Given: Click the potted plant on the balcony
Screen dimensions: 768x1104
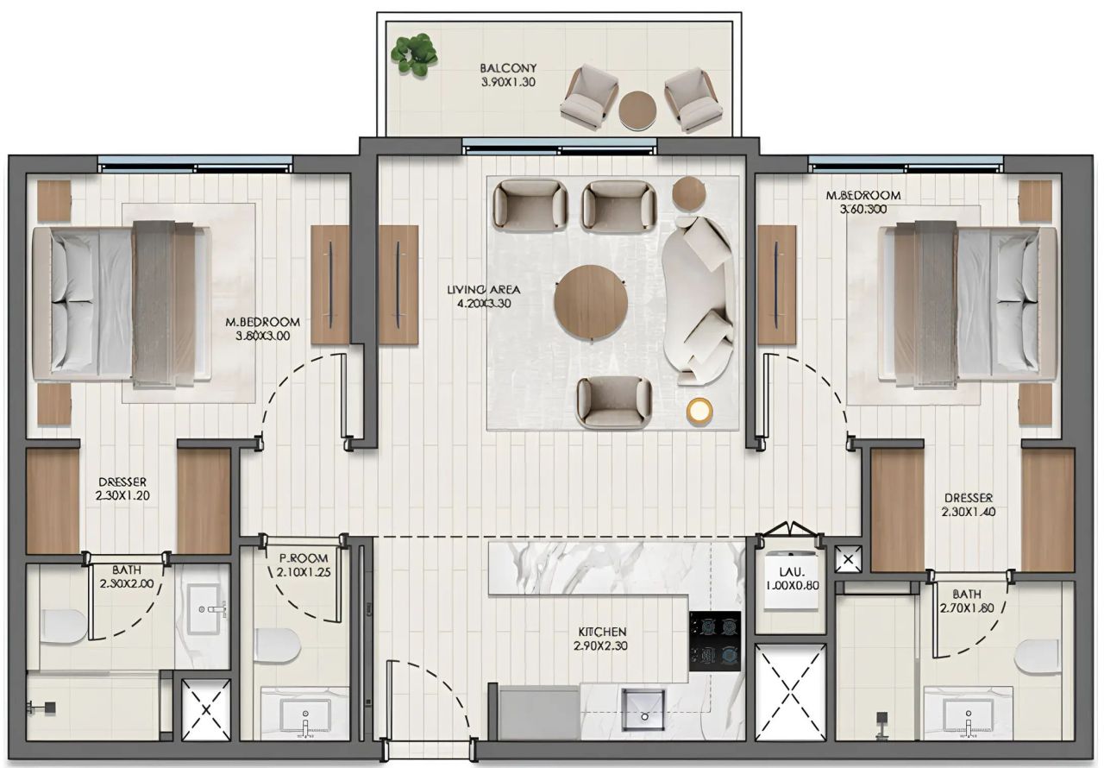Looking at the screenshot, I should point(414,54).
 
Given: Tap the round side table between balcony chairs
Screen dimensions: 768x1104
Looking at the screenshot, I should point(639,110).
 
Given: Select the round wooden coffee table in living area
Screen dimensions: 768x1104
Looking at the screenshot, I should point(591,302).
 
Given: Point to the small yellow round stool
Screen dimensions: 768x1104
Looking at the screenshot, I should point(700,411).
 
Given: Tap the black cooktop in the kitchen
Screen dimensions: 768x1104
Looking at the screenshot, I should point(714,639).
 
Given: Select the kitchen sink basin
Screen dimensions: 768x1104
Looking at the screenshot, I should point(643,708).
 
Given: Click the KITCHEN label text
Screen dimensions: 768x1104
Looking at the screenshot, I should point(599,639).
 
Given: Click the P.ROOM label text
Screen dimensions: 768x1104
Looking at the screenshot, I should point(298,565).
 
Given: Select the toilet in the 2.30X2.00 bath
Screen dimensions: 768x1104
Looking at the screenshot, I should point(62,626).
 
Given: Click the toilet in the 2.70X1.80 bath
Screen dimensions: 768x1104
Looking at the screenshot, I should point(1038,656).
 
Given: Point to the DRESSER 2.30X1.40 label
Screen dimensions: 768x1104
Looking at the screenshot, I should point(968,505).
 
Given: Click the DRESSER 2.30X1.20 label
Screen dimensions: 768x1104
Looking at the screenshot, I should point(122,488).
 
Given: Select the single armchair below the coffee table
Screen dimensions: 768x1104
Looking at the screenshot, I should point(614,401).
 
